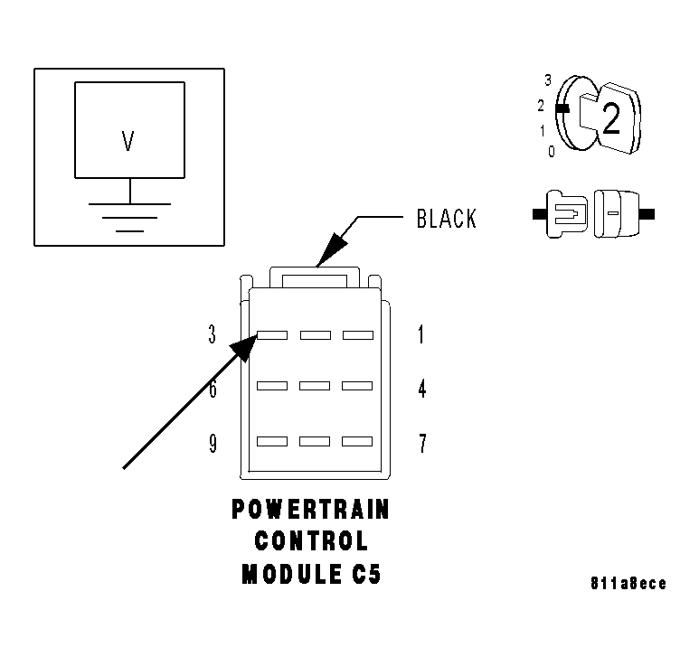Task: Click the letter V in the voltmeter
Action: click(x=128, y=141)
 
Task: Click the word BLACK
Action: click(x=446, y=219)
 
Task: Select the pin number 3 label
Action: click(x=213, y=335)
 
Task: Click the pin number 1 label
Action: click(x=420, y=335)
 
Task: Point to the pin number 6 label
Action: click(x=213, y=390)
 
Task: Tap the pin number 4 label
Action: click(x=421, y=390)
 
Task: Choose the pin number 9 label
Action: click(x=213, y=444)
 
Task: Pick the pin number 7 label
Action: click(x=421, y=444)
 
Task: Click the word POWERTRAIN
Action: click(x=310, y=510)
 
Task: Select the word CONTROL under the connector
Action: click(x=311, y=542)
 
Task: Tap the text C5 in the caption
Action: click(x=363, y=575)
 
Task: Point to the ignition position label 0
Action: click(x=551, y=151)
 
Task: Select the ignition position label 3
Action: click(x=548, y=80)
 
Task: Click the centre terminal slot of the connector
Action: click(x=315, y=387)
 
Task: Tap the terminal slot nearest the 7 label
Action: click(x=357, y=442)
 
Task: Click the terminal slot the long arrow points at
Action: click(x=272, y=335)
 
